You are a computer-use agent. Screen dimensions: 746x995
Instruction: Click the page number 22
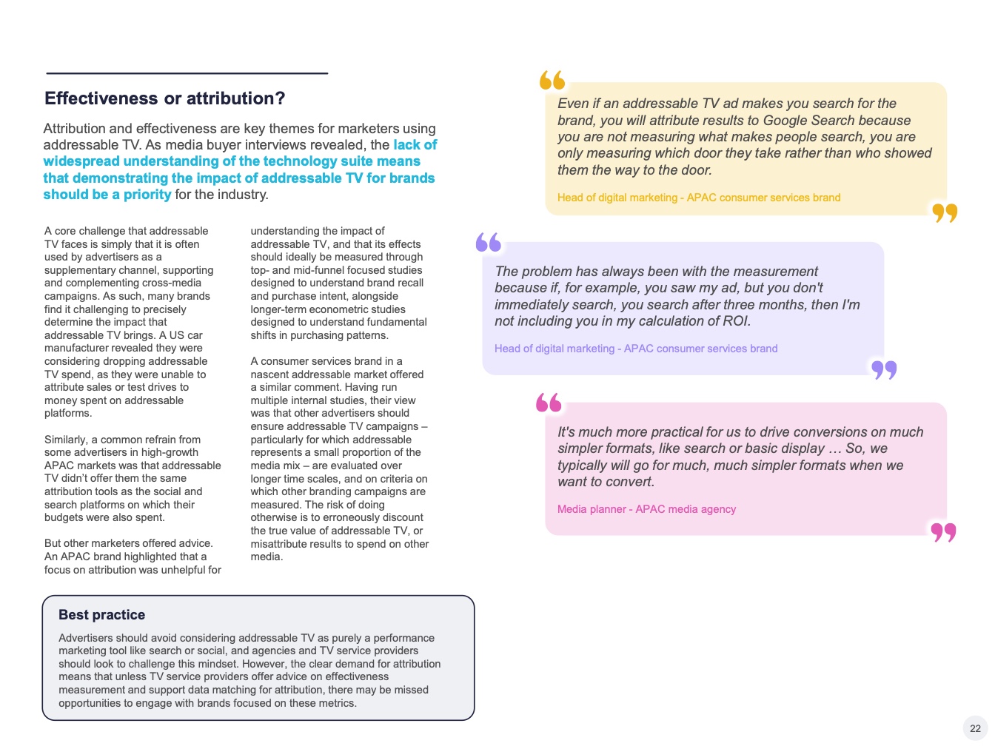(975, 728)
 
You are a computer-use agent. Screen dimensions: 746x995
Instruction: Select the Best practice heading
(102, 615)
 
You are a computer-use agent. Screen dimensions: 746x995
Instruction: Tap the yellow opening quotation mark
(552, 80)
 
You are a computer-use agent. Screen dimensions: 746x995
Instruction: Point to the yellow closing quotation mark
(945, 213)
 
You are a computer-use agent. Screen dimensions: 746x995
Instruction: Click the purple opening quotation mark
(489, 242)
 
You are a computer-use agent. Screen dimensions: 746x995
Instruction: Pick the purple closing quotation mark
(884, 369)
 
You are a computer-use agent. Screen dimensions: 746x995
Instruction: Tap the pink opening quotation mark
(549, 403)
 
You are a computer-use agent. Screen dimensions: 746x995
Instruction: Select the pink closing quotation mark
(944, 532)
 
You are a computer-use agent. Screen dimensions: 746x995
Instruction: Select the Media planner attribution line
(646, 509)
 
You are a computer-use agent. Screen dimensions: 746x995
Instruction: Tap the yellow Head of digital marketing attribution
(699, 198)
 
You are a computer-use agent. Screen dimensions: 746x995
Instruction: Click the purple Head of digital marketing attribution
(636, 349)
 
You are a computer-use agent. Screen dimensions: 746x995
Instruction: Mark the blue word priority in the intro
(147, 195)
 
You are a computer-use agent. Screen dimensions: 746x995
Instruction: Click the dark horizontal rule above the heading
(187, 73)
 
